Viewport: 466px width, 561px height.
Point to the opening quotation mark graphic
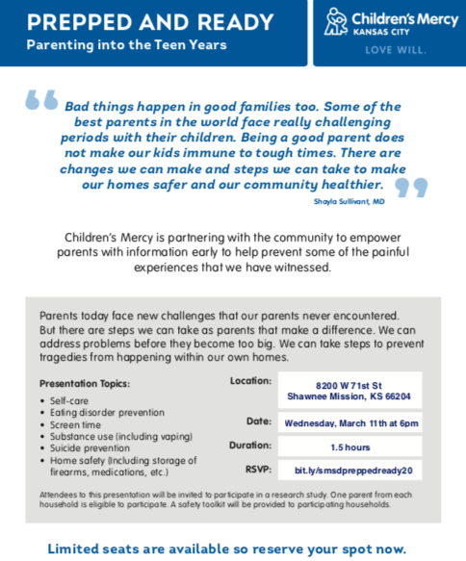(x=42, y=99)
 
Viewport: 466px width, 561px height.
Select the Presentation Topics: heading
(x=85, y=383)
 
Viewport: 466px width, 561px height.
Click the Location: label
(x=250, y=381)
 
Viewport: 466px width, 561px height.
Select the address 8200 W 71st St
(x=349, y=384)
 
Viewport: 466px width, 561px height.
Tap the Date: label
(x=258, y=421)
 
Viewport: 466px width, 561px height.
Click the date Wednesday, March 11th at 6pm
(x=350, y=422)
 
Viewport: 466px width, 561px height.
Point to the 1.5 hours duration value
(x=350, y=446)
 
